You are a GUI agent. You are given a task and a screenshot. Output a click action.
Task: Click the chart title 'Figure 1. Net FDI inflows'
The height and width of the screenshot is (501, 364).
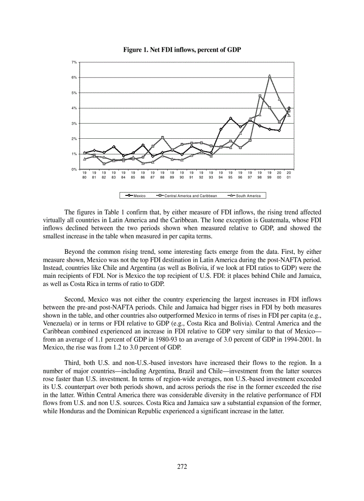(182, 50)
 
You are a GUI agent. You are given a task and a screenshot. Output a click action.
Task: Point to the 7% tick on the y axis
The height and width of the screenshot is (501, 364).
(74, 62)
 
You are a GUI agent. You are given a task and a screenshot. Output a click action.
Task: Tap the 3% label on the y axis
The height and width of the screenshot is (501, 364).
(74, 123)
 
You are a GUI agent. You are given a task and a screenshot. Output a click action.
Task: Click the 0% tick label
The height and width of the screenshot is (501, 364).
(74, 169)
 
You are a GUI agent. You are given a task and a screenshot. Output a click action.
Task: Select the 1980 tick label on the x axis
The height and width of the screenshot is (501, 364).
(84, 175)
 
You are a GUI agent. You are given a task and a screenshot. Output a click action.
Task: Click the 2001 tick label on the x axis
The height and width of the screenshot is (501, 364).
(289, 175)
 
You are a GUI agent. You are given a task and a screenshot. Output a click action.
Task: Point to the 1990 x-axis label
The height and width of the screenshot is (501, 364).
(182, 175)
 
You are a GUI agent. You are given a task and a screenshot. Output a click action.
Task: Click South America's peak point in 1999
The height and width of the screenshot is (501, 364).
(269, 76)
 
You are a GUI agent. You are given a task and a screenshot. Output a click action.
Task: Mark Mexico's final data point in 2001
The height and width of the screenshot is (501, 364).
(289, 108)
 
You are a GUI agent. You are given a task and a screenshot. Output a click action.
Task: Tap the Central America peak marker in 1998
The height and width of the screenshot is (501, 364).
(260, 95)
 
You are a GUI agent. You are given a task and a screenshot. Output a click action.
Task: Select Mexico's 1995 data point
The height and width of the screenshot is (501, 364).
(230, 118)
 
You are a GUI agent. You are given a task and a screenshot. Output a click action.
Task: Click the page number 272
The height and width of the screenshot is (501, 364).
(182, 467)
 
